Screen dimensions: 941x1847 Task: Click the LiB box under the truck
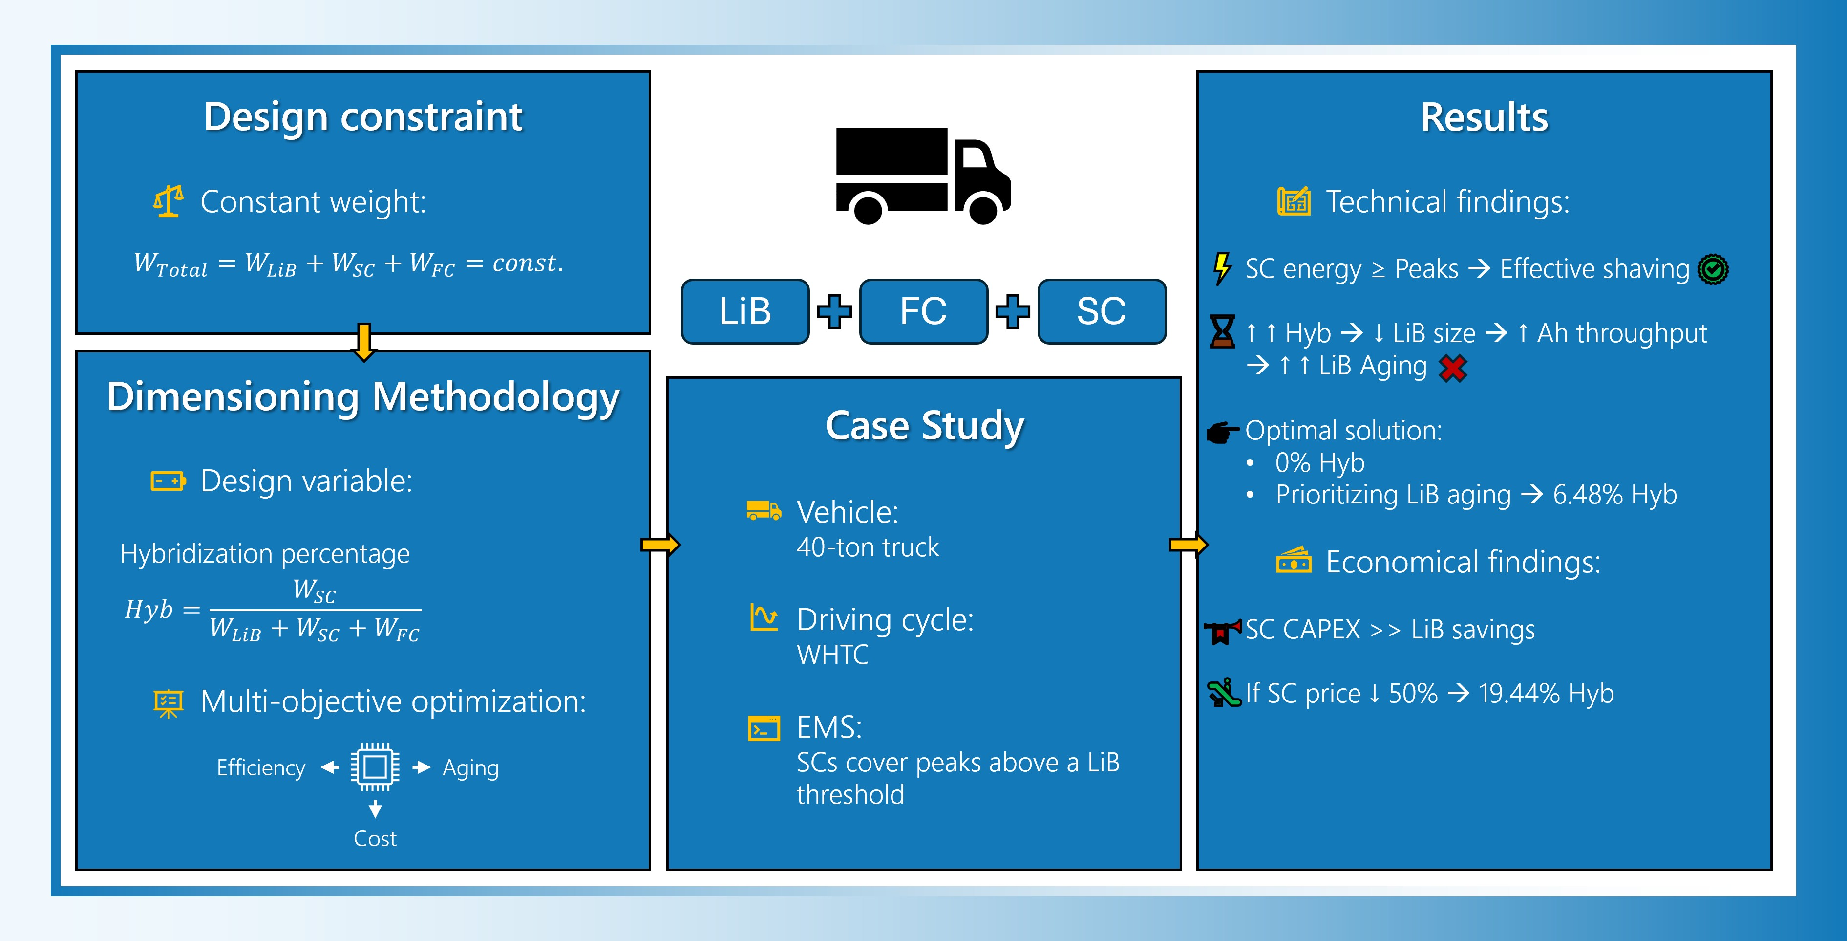[x=745, y=311]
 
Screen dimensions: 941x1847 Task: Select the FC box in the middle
[x=923, y=311]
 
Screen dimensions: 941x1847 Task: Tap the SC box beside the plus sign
[x=1102, y=311]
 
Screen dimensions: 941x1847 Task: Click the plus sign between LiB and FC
[x=834, y=311]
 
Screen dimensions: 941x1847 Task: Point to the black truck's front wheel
[x=982, y=209]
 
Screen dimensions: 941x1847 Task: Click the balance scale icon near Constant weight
[x=168, y=201]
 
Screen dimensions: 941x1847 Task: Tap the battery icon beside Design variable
[x=168, y=481]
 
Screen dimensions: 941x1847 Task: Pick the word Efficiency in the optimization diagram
[x=261, y=767]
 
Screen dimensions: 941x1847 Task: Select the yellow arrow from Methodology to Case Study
[x=659, y=545]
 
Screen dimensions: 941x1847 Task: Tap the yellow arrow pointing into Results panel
[x=1188, y=545]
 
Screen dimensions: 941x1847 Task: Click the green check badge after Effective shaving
[x=1713, y=270]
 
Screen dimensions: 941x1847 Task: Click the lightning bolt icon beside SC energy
[x=1222, y=268]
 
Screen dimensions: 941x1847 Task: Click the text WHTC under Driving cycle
[x=832, y=654]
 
